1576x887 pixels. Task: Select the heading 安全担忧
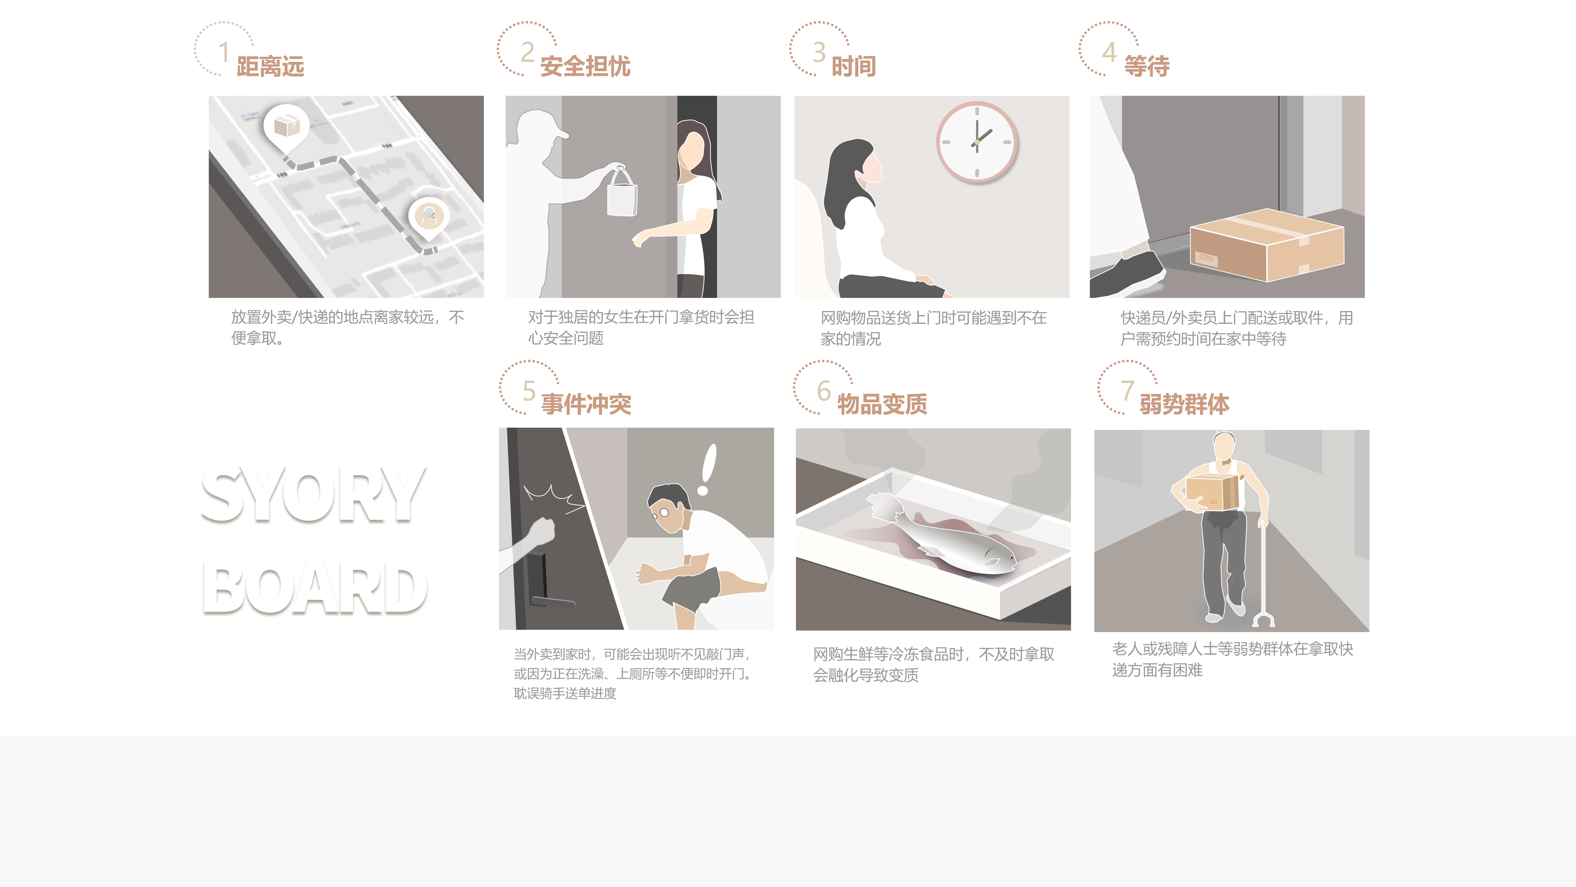coord(585,66)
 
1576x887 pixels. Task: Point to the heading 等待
coord(1147,66)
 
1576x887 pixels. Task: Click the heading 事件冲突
coord(586,404)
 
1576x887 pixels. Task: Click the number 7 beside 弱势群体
coord(1127,390)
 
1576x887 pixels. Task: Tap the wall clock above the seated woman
coord(977,142)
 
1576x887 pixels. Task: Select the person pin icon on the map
coord(429,215)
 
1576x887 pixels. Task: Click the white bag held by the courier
coord(622,195)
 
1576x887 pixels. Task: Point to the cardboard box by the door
coord(1266,245)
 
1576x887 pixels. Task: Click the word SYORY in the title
coord(313,495)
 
